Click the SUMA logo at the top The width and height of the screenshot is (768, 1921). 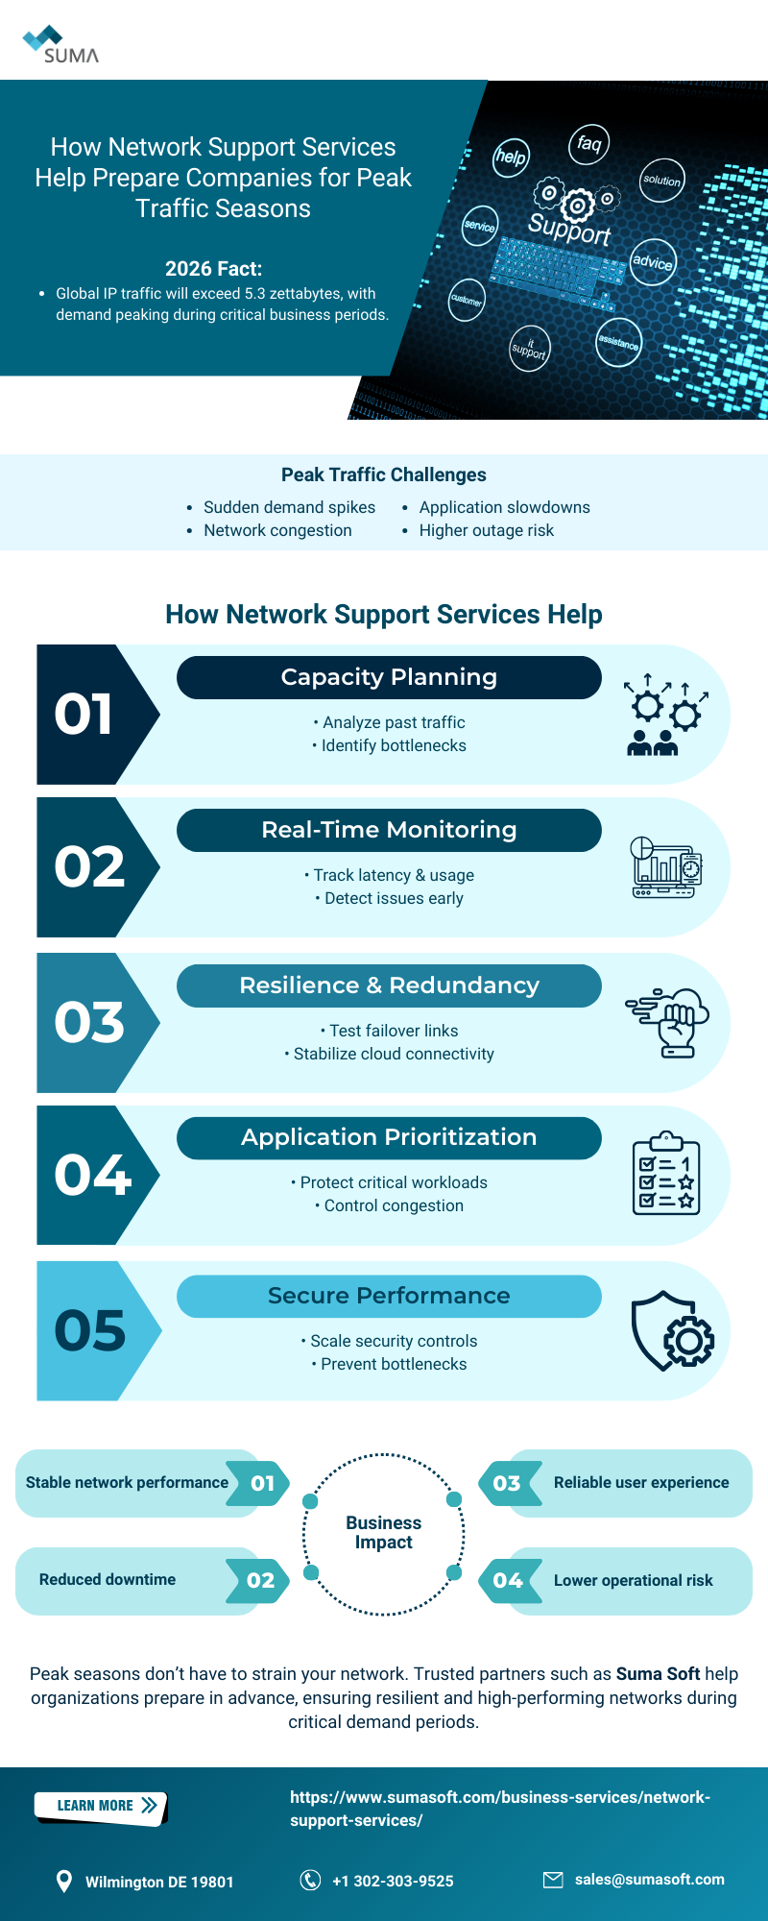[x=60, y=45]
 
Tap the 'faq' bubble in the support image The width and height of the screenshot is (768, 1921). [x=588, y=144]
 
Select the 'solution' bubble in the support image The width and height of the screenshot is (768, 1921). [x=661, y=180]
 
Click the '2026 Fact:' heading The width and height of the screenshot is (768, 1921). [x=213, y=269]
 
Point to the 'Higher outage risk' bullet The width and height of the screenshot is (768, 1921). [x=486, y=530]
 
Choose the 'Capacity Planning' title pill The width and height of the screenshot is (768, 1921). [x=389, y=677]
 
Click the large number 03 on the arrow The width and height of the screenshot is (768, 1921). [x=89, y=1022]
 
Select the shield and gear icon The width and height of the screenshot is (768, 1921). [x=673, y=1330]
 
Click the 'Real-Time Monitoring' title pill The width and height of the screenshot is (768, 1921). [x=389, y=830]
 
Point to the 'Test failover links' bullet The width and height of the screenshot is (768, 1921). [x=394, y=1031]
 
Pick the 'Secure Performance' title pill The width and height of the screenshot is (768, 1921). [x=389, y=1296]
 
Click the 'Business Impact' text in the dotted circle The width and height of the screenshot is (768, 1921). [x=384, y=1532]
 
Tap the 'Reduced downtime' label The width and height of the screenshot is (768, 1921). [x=108, y=1580]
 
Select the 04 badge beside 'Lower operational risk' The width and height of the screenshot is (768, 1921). [x=508, y=1580]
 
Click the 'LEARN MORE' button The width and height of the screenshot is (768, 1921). [x=101, y=1806]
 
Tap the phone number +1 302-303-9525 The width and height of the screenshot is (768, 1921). [x=393, y=1881]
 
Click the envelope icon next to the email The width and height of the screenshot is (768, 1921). [x=553, y=1880]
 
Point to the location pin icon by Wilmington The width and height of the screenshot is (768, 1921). [x=64, y=1881]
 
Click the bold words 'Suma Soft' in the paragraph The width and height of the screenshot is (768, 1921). [x=658, y=1673]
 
